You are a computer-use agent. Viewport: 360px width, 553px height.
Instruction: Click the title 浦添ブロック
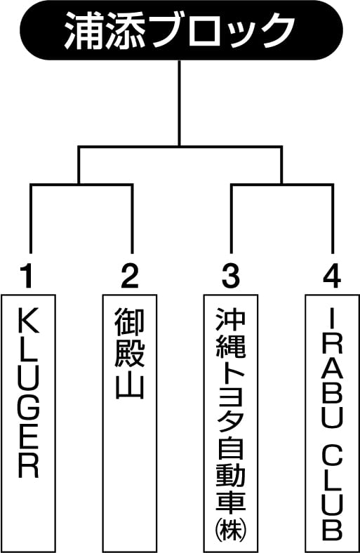180,30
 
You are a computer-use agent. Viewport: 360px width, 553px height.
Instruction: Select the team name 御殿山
129,353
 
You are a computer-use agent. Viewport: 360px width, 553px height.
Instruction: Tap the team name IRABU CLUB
332,426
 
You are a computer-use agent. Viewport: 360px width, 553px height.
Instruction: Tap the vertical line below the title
180,103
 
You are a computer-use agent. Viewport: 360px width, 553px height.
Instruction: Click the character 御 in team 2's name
129,321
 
